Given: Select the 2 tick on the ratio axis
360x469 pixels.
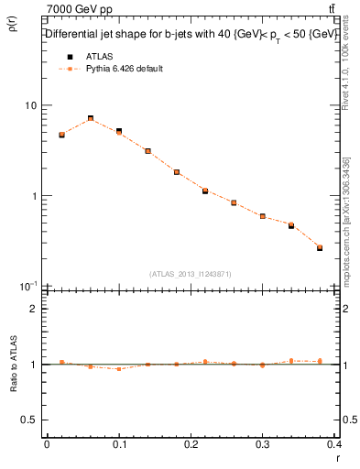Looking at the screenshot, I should [x=34, y=309].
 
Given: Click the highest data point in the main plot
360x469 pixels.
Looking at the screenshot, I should [x=91, y=118].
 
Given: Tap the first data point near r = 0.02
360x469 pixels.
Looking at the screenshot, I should [x=61, y=135].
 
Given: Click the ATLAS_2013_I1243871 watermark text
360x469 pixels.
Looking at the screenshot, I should [x=191, y=274].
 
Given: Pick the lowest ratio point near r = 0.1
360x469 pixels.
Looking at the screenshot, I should [x=119, y=368].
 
